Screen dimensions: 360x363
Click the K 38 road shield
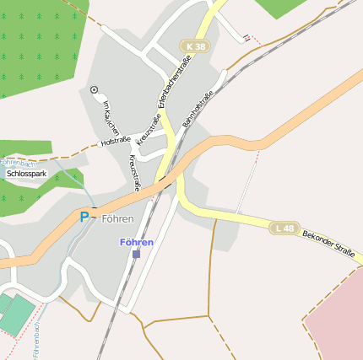coord(196,46)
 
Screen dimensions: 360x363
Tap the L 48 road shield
coord(284,228)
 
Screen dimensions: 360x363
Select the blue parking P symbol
coord(84,218)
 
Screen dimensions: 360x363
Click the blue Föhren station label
coord(137,242)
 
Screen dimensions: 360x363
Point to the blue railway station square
coord(136,253)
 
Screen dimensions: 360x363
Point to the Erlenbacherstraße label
coord(174,87)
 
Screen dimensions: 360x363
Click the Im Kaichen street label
coord(110,116)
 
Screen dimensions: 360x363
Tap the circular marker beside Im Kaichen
coord(94,89)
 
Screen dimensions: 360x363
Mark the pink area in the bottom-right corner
coord(338,320)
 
